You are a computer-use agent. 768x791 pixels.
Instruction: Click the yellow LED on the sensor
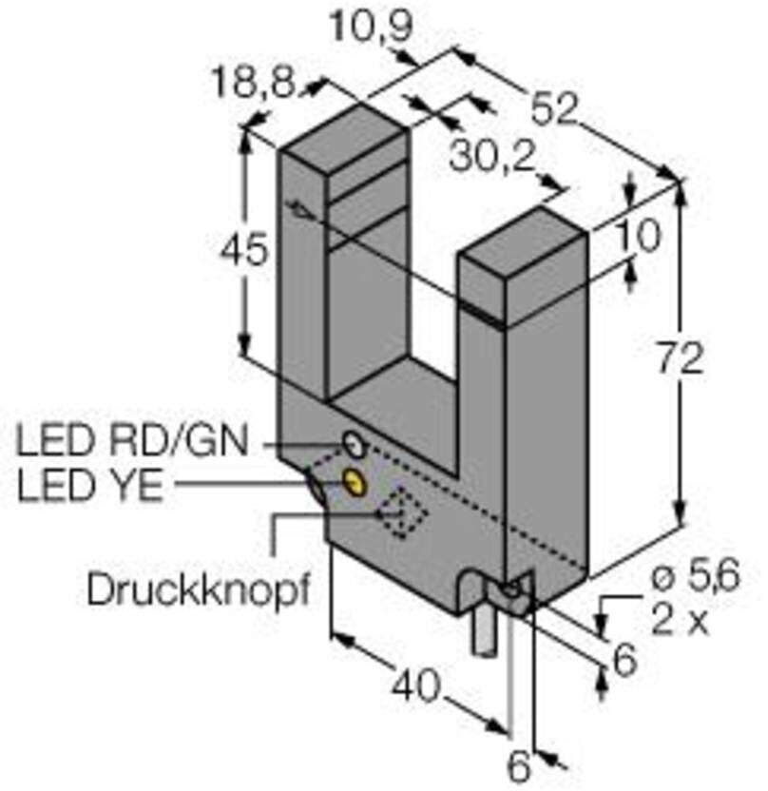(x=355, y=482)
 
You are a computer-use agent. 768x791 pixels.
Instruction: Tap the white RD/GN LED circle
(x=354, y=443)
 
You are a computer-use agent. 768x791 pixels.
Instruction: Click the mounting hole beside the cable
(x=513, y=590)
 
